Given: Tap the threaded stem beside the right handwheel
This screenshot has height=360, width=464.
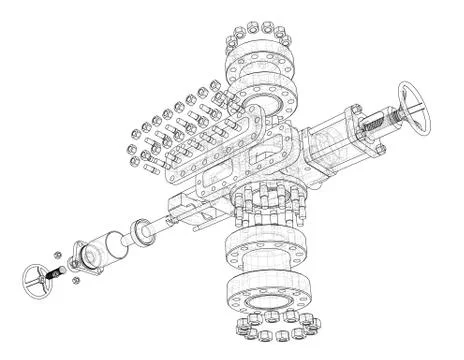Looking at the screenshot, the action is tap(381, 124).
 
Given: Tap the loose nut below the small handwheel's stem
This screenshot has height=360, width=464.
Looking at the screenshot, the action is tap(76, 283).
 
